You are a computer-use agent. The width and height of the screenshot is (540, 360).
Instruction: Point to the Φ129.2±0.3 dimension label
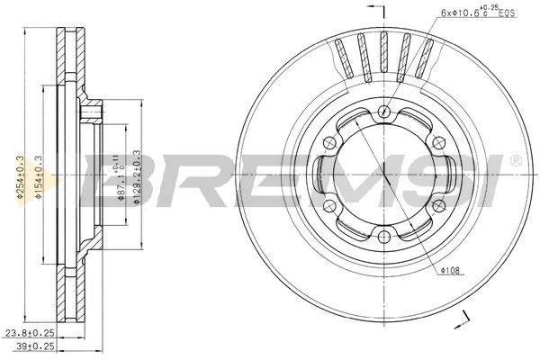point(137,177)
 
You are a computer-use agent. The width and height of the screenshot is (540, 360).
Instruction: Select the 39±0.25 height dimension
point(31,346)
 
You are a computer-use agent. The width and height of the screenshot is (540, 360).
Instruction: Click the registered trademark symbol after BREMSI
point(515,160)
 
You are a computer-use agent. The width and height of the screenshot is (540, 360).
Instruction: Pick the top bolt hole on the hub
point(383,112)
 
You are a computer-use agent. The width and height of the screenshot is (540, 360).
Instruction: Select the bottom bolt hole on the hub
point(383,236)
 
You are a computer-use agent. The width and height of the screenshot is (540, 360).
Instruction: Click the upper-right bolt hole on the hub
point(436,143)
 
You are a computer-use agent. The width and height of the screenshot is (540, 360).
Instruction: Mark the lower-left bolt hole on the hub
point(330,205)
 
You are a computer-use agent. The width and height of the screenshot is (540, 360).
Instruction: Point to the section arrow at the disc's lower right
point(467,317)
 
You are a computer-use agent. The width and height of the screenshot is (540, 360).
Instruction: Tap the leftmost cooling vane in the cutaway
point(345,59)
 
